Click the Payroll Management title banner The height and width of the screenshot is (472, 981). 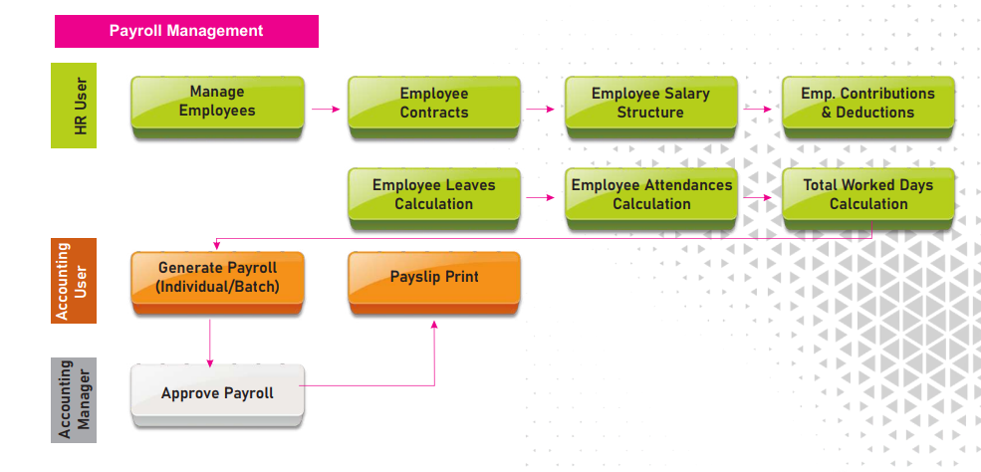tap(186, 31)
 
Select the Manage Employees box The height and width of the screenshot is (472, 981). tap(217, 103)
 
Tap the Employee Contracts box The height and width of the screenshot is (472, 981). tap(434, 104)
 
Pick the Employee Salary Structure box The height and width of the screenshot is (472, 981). tap(650, 104)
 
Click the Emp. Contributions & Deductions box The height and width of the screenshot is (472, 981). tap(867, 104)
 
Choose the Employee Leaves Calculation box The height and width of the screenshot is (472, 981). tap(434, 195)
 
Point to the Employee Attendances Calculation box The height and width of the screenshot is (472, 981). tap(651, 195)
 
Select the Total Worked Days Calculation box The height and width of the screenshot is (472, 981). tap(868, 195)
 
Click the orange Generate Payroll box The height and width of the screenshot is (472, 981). tap(217, 279)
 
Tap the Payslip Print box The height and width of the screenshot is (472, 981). tap(434, 278)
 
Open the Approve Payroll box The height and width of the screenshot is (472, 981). tap(217, 394)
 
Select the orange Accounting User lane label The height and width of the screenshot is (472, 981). tap(74, 281)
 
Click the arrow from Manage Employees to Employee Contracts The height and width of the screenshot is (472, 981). tap(326, 109)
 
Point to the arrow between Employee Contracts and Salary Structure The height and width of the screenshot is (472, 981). tap(542, 109)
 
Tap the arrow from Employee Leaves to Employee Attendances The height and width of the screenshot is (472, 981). tap(542, 197)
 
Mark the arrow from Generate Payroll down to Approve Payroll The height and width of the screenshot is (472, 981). tap(210, 343)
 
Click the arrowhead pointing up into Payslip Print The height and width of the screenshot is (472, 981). tap(434, 325)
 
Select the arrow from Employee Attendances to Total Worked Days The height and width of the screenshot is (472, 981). tap(759, 197)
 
